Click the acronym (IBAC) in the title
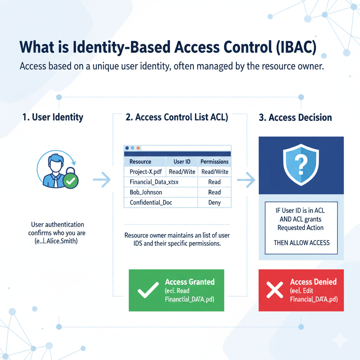(296, 47)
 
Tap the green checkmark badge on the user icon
(71, 181)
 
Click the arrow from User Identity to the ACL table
(102, 180)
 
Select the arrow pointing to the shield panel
(246, 180)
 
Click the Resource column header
(140, 162)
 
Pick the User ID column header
(182, 162)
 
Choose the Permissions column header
(214, 162)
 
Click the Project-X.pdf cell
(146, 172)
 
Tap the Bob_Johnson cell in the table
(146, 192)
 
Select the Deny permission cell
(214, 202)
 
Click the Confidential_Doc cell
(151, 202)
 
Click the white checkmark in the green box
(148, 290)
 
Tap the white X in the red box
(275, 290)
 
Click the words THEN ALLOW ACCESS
(301, 243)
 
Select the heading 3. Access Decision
(295, 117)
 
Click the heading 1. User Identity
(53, 117)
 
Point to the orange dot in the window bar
(138, 148)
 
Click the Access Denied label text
(313, 282)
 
